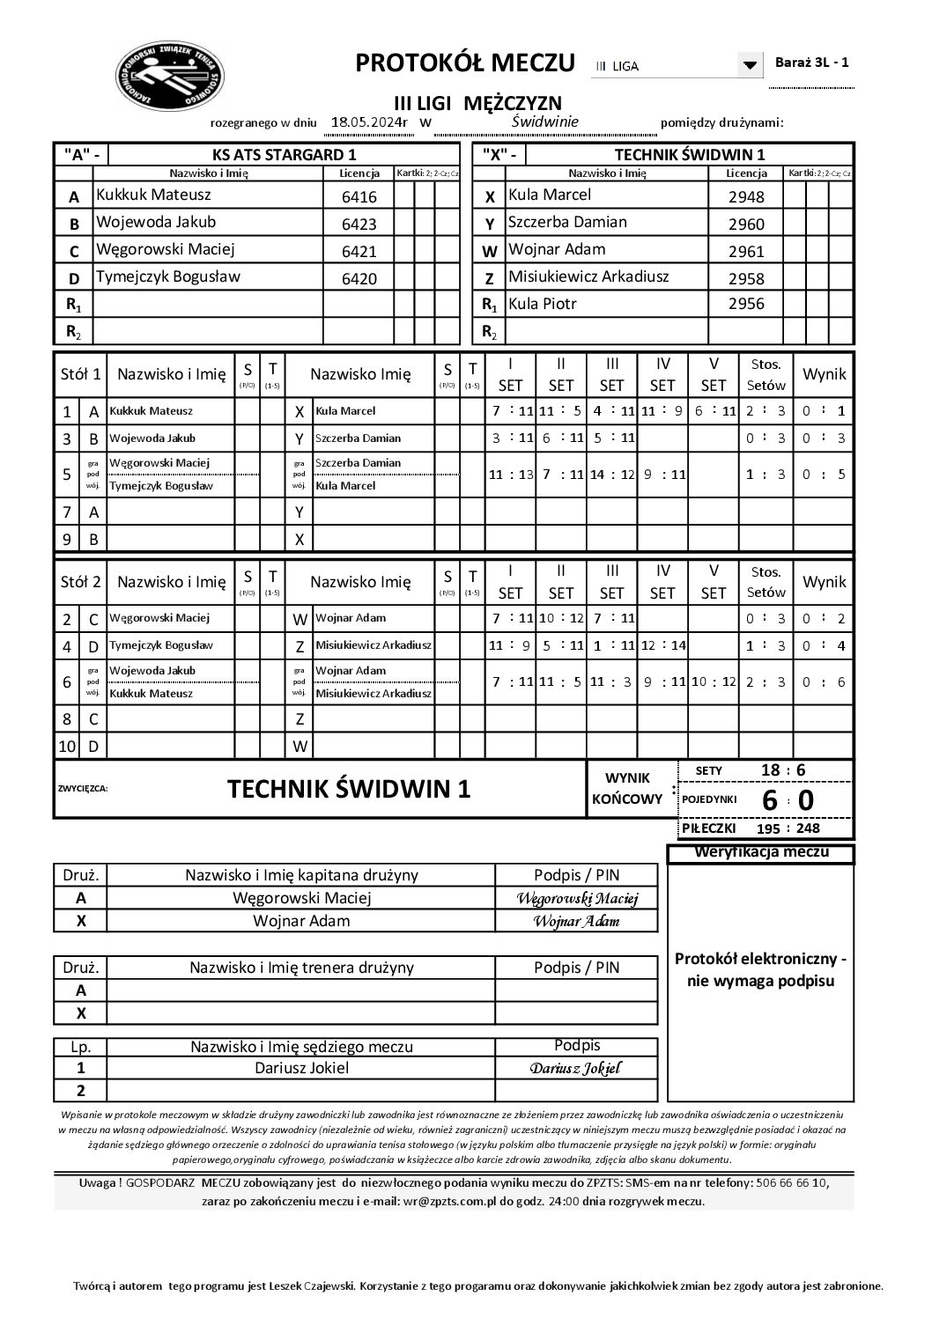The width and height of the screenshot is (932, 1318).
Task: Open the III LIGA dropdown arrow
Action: (750, 65)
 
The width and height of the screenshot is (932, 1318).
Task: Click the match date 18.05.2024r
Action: (369, 122)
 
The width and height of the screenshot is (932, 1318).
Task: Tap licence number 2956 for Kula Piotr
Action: (746, 304)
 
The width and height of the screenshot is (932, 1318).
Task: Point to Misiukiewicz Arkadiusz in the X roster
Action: (589, 276)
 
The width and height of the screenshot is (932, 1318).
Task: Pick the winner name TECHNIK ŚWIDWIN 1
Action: (349, 789)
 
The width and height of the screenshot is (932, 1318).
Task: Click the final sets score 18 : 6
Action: (783, 770)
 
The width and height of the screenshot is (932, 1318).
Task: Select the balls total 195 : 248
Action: (788, 828)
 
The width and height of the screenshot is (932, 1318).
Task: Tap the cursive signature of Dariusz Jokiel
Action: (575, 1068)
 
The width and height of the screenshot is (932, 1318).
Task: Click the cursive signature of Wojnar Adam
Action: (576, 921)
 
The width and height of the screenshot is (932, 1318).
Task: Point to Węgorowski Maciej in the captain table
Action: (301, 898)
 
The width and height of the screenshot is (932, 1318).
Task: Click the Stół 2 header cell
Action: (80, 582)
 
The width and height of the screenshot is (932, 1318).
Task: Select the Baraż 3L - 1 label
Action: (811, 63)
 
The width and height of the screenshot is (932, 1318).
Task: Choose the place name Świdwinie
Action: (544, 121)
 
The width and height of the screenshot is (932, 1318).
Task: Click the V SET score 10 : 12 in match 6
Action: (713, 681)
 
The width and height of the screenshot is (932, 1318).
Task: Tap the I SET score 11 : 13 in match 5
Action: (511, 474)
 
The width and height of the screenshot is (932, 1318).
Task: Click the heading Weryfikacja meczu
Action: (761, 852)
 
